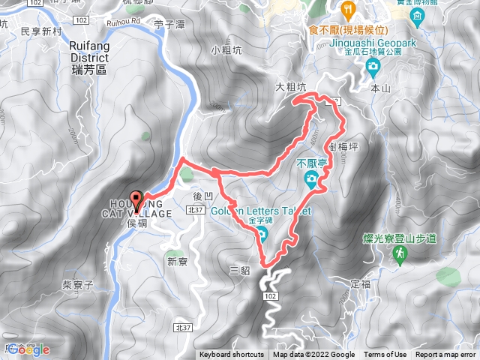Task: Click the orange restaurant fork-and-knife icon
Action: pyautogui.click(x=346, y=9)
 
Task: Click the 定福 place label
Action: pyautogui.click(x=361, y=284)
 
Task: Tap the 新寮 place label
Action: pyautogui.click(x=177, y=262)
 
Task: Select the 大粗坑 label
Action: pyautogui.click(x=291, y=87)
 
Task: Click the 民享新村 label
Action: pyautogui.click(x=40, y=31)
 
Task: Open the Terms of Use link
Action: pyautogui.click(x=385, y=355)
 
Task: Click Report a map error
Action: pyautogui.click(x=445, y=355)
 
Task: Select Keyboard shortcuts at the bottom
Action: pyautogui.click(x=232, y=355)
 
